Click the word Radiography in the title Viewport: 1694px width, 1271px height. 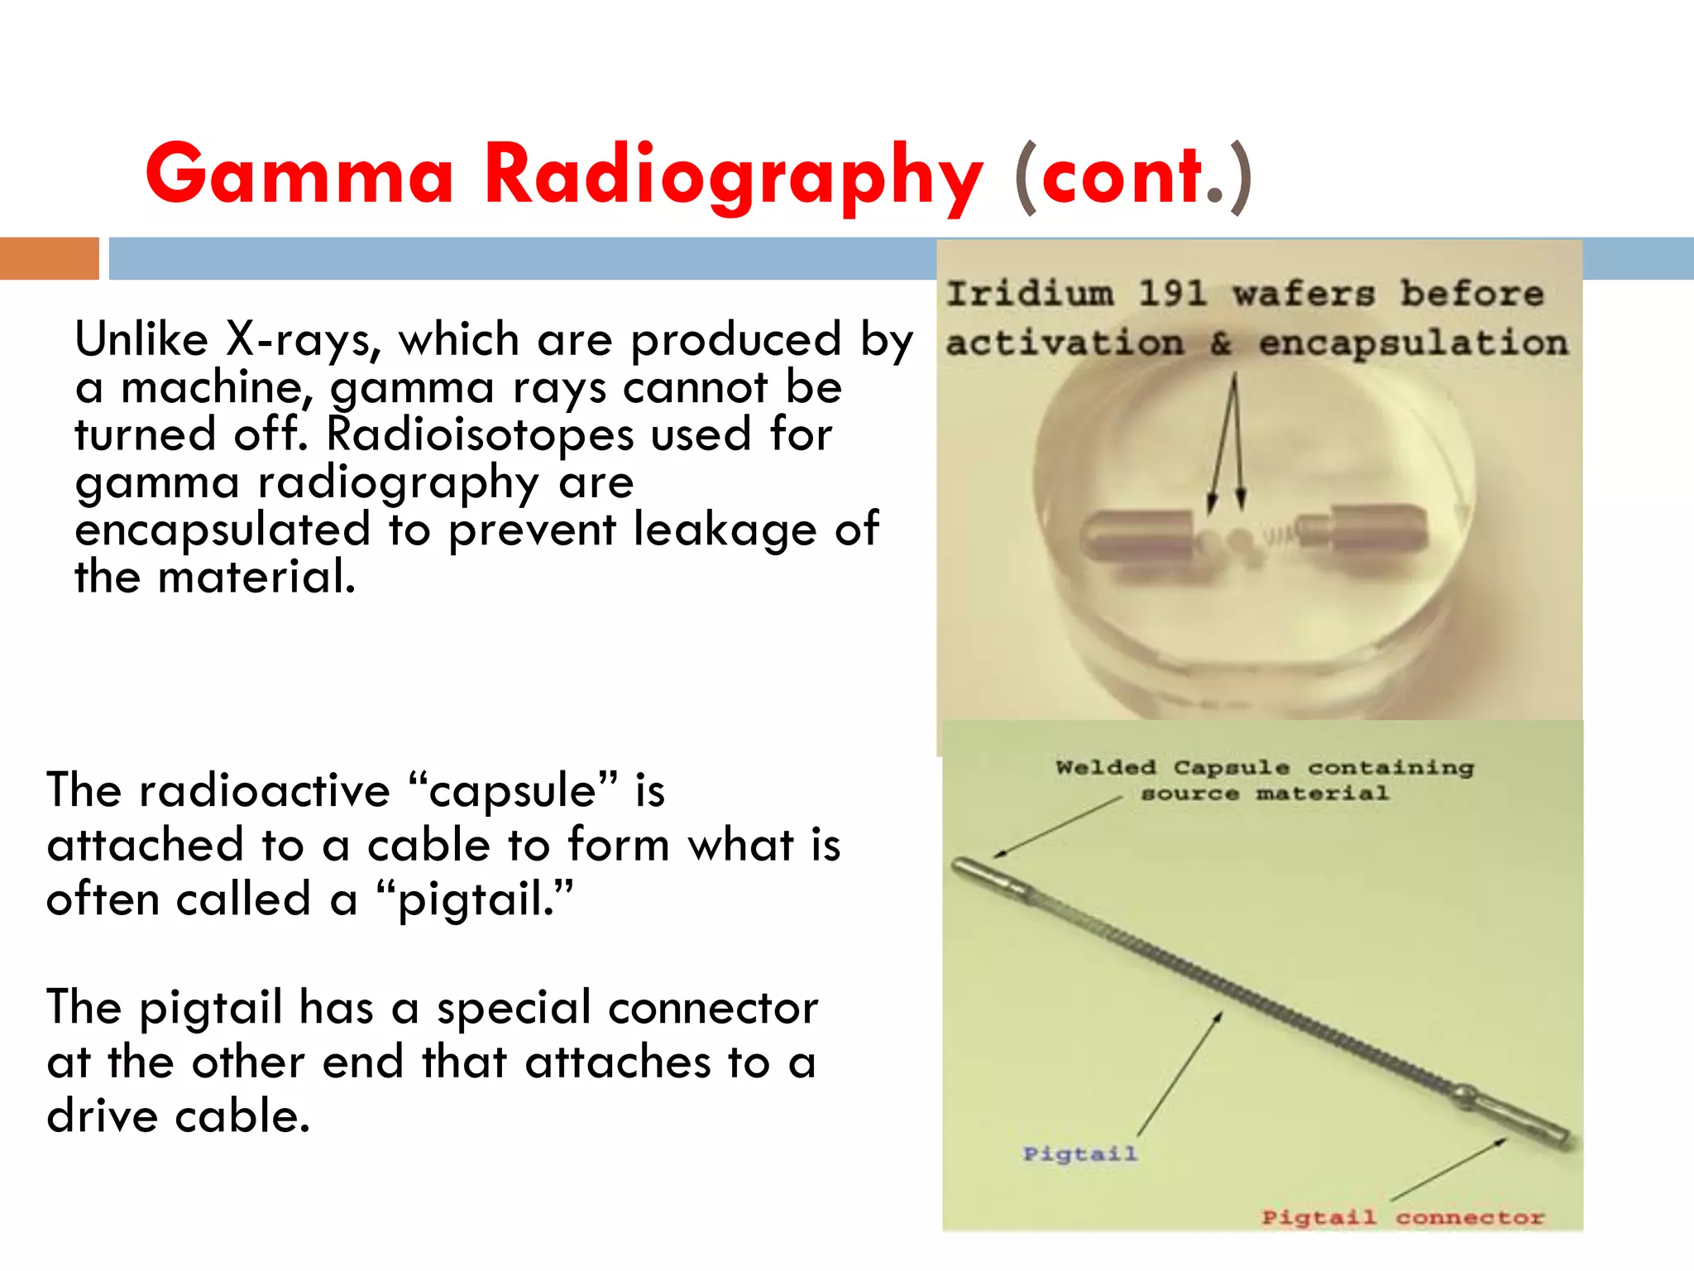[733, 175]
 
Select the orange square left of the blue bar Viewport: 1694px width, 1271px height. [49, 258]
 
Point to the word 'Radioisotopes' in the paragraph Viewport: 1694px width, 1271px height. [481, 434]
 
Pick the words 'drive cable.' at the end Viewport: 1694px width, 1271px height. [179, 1116]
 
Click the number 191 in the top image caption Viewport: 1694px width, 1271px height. [1172, 293]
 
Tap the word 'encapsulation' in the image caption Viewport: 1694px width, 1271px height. [1414, 343]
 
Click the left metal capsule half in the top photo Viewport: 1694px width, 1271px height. [1138, 536]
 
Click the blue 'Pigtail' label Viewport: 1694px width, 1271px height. [1079, 1153]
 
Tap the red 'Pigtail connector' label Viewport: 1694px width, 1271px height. [1403, 1217]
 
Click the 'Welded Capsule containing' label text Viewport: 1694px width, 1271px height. [1265, 768]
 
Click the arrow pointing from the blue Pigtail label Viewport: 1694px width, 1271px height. [1179, 1074]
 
